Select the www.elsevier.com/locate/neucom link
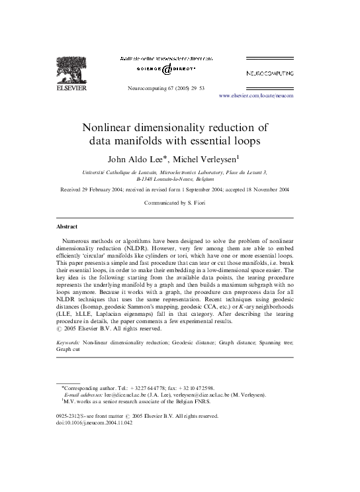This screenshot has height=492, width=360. (255, 95)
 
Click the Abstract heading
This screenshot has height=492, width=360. (67, 226)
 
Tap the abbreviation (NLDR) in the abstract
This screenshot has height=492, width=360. (150, 246)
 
